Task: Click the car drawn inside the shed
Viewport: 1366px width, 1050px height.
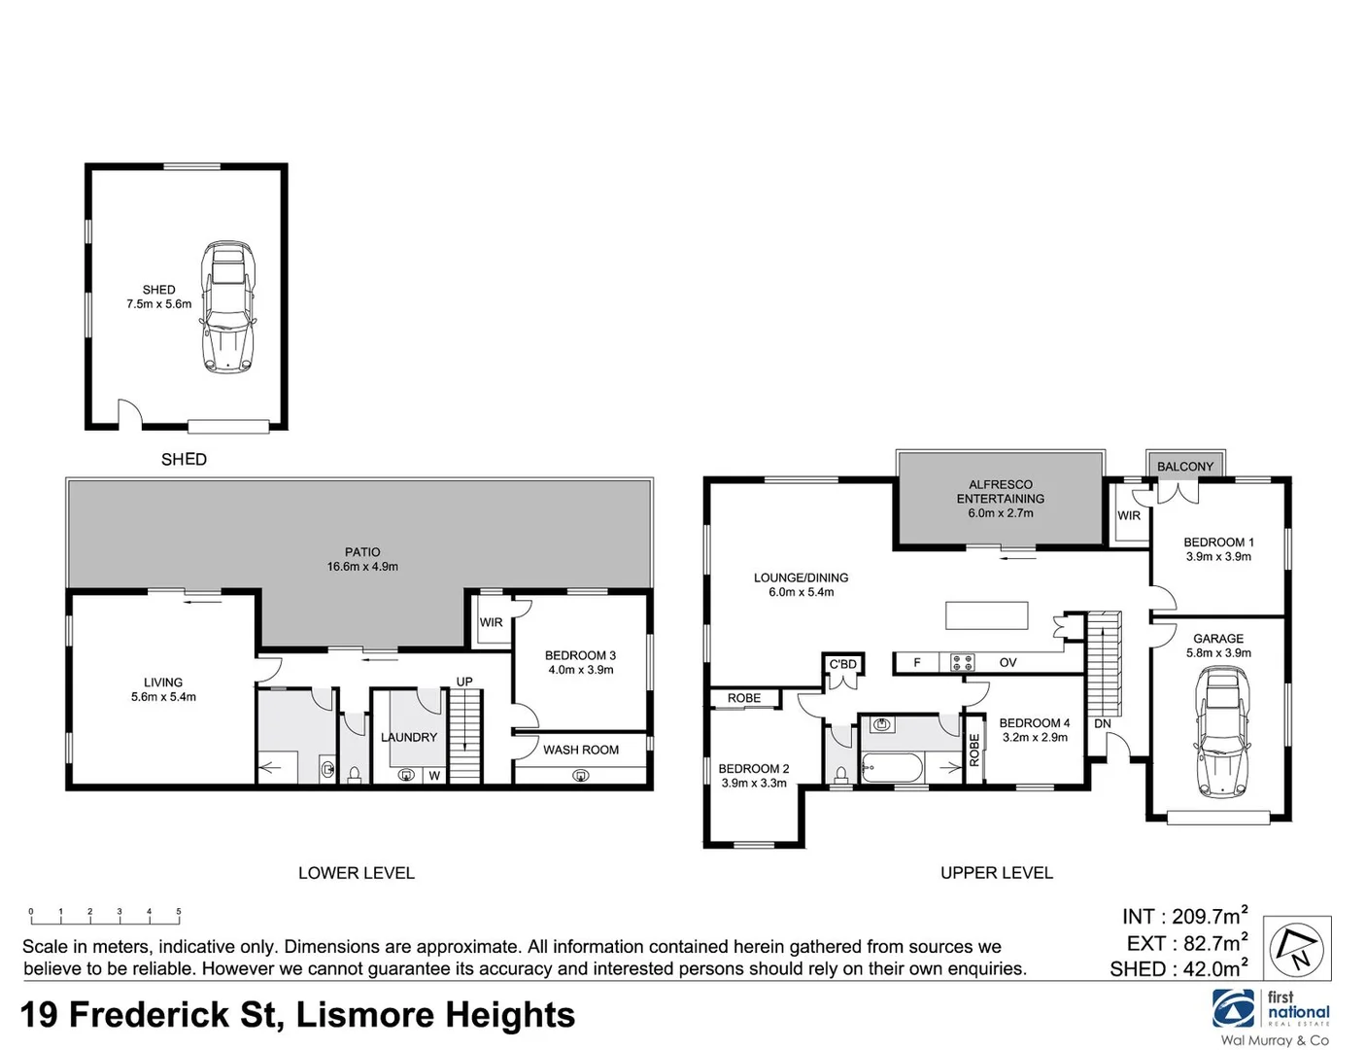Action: click(227, 306)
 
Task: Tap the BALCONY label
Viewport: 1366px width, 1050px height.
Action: click(1184, 467)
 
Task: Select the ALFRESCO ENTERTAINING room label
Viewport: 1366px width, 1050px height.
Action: click(1000, 492)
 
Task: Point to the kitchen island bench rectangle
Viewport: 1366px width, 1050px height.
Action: click(986, 615)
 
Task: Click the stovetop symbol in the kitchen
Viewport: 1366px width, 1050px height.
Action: click(962, 663)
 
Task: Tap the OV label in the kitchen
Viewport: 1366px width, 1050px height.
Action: click(1007, 663)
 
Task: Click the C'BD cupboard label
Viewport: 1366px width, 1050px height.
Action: click(842, 665)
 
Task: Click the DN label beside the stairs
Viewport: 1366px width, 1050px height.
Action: click(1102, 724)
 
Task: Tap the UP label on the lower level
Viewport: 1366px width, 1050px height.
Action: click(464, 682)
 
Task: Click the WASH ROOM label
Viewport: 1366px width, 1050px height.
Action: click(580, 750)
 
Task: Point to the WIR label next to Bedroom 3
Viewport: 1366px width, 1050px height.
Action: click(491, 622)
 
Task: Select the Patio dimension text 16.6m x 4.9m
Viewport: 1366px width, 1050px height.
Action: click(361, 567)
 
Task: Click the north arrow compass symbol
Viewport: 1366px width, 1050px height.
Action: click(1299, 948)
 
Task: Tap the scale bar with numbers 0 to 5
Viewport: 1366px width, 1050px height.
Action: click(104, 915)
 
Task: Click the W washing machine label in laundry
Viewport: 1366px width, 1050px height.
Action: click(434, 776)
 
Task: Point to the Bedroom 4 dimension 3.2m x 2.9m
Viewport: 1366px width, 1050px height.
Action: click(1034, 738)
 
